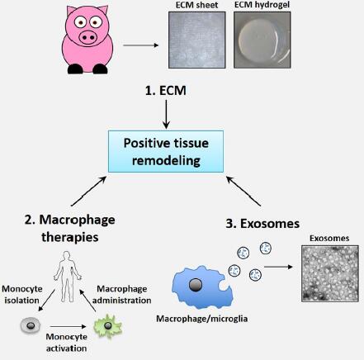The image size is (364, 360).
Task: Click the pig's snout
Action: pyautogui.click(x=88, y=37)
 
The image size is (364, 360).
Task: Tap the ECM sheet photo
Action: pyautogui.click(x=197, y=40)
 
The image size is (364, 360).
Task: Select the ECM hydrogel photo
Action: pyautogui.click(x=262, y=40)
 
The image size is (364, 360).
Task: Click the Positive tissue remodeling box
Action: pyautogui.click(x=166, y=151)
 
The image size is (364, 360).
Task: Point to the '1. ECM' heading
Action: pyautogui.click(x=166, y=91)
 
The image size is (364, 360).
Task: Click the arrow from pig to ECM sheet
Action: pyautogui.click(x=141, y=45)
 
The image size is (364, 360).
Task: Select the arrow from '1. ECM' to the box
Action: pyautogui.click(x=166, y=114)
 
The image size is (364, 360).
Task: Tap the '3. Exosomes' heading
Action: pyautogui.click(x=262, y=224)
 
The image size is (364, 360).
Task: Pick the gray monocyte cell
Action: pyautogui.click(x=31, y=325)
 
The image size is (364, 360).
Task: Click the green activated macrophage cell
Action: pyautogui.click(x=108, y=326)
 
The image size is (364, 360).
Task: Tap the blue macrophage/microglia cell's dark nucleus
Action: pyautogui.click(x=196, y=285)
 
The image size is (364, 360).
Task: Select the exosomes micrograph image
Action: pyautogui.click(x=330, y=273)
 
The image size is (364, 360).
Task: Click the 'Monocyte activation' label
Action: pyautogui.click(x=66, y=343)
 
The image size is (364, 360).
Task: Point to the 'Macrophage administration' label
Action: pyautogui.click(x=121, y=295)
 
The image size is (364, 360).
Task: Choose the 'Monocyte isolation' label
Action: pyautogui.click(x=22, y=295)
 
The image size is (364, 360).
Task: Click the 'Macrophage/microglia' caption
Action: pyautogui.click(x=202, y=319)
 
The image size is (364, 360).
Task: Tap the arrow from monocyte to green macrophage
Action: pyautogui.click(x=68, y=327)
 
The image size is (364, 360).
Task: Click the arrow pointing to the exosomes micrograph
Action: pyautogui.click(x=278, y=267)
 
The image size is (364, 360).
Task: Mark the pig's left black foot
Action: pyautogui.click(x=75, y=69)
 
